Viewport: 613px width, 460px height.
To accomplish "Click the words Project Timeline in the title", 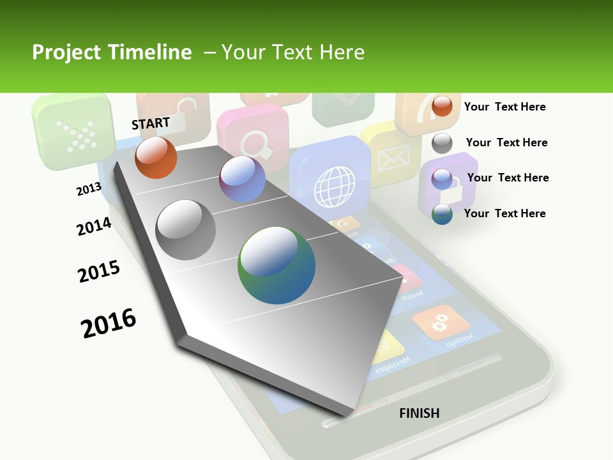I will tap(112, 52).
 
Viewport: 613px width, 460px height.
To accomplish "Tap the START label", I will tap(151, 123).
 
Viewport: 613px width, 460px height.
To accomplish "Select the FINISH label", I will tap(419, 413).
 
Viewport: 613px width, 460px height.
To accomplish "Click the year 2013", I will tap(89, 189).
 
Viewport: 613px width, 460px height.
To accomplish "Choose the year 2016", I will tap(109, 323).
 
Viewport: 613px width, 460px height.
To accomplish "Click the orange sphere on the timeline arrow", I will tap(156, 158).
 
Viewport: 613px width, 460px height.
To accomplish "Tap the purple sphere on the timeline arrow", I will tap(242, 179).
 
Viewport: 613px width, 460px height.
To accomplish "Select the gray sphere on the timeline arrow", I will tap(186, 230).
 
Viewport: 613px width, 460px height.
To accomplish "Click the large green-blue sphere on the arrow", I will tap(276, 265).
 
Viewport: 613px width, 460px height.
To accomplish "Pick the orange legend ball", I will tap(442, 106).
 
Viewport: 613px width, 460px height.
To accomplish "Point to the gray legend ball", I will tap(442, 143).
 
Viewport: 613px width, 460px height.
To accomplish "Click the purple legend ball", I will tap(442, 179).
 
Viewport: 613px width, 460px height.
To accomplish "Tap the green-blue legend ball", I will tap(442, 214).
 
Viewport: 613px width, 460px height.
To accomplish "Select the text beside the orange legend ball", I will tap(504, 107).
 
